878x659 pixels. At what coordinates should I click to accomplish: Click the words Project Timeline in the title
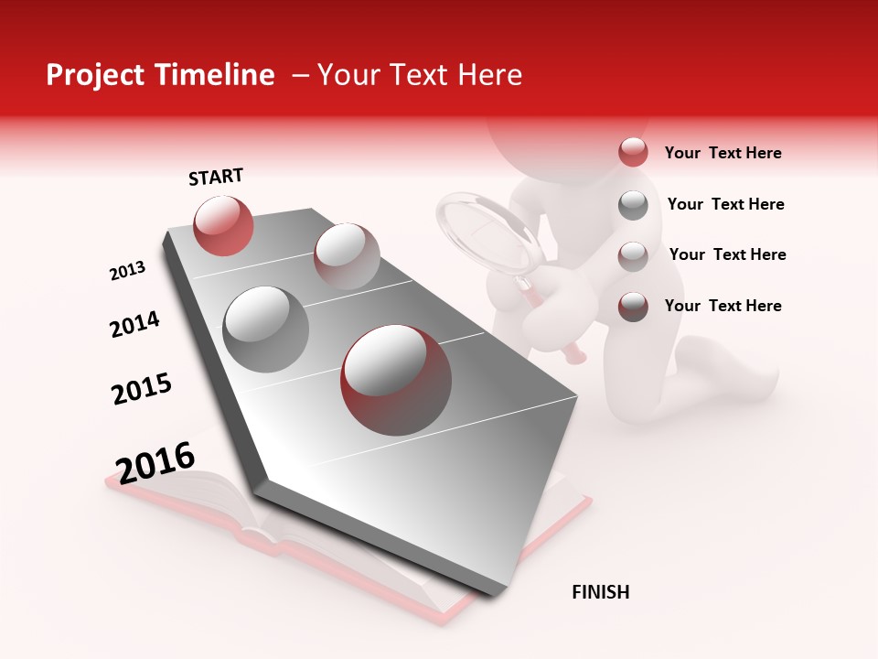pos(160,75)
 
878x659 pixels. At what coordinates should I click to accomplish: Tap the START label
pos(216,177)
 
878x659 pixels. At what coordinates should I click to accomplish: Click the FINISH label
pos(600,592)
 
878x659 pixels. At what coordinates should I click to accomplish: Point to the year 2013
pos(128,271)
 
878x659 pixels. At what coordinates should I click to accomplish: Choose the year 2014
pos(134,324)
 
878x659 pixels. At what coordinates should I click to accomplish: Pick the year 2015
pos(142,389)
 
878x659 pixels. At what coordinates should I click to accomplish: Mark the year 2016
pos(155,462)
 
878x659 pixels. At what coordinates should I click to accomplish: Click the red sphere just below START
pos(223,225)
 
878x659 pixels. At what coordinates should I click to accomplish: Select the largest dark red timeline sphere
pos(396,379)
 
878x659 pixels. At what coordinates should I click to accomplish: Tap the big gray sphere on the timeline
pos(266,329)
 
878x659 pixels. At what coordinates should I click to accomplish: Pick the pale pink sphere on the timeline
pos(347,256)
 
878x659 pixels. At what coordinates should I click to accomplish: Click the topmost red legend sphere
pos(633,153)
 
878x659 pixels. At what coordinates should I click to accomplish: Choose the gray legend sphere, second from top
pos(633,205)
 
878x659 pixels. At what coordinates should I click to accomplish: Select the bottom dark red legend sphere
pos(633,307)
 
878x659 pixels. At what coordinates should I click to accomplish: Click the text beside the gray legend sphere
pos(725,204)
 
